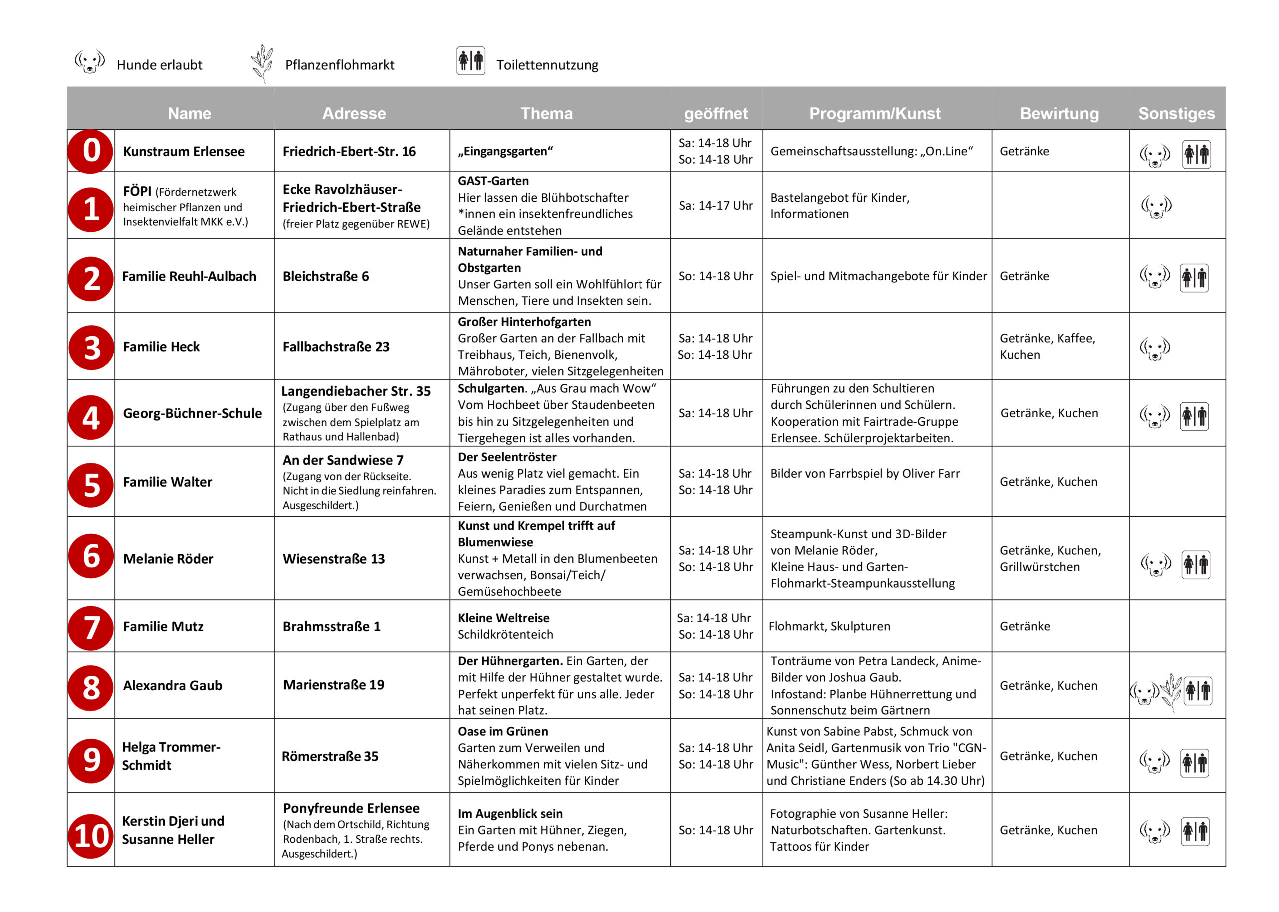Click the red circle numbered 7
coord(91,627)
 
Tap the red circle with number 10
coord(91,836)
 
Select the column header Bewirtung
coord(1059,113)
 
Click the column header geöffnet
coord(716,113)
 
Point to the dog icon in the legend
coord(90,62)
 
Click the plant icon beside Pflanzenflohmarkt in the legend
coord(262,63)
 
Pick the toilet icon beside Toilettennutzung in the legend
coord(471,61)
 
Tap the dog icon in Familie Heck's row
coord(1155,348)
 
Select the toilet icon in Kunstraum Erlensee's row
coord(1196,154)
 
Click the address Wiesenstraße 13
coord(334,559)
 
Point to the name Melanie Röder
coord(168,559)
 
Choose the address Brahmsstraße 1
coord(331,626)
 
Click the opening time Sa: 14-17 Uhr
coord(716,205)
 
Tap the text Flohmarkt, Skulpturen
coord(829,626)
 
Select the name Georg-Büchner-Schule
coord(192,413)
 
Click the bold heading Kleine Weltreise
coord(503,618)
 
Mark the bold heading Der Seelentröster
coord(507,457)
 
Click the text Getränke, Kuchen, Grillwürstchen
coord(1050,558)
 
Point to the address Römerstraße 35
coord(330,756)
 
